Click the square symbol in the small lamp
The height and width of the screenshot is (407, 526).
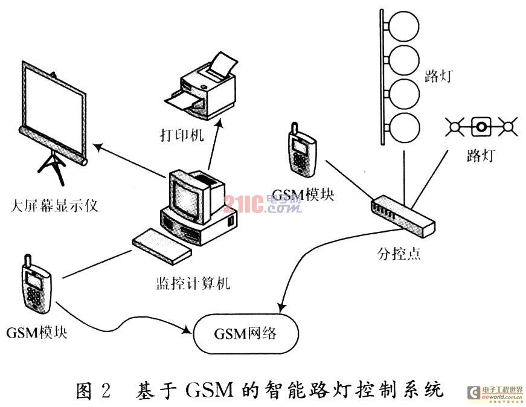pyautogui.click(x=481, y=127)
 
